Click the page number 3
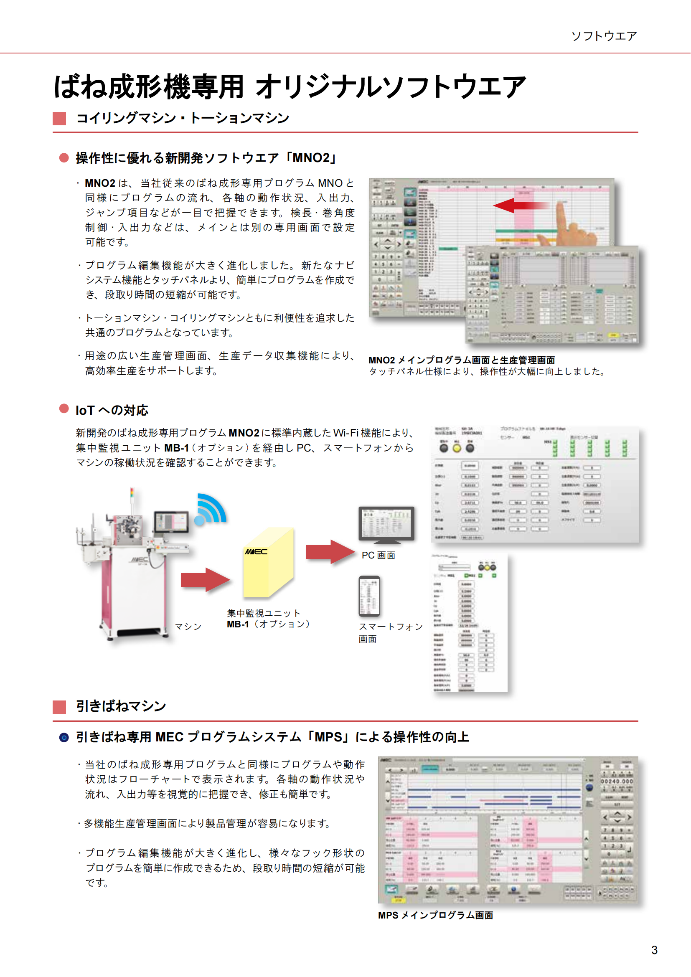[654, 950]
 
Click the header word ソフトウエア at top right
[604, 36]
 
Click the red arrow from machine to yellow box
[205, 580]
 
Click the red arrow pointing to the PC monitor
[330, 552]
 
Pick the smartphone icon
[369, 596]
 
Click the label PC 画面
[378, 555]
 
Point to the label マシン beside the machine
[188, 627]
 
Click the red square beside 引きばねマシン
[59, 707]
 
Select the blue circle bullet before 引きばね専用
[64, 737]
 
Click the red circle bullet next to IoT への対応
[64, 409]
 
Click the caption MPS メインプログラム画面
[435, 915]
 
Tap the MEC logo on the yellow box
[256, 552]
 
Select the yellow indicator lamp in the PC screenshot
[457, 448]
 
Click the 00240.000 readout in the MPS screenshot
[617, 781]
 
